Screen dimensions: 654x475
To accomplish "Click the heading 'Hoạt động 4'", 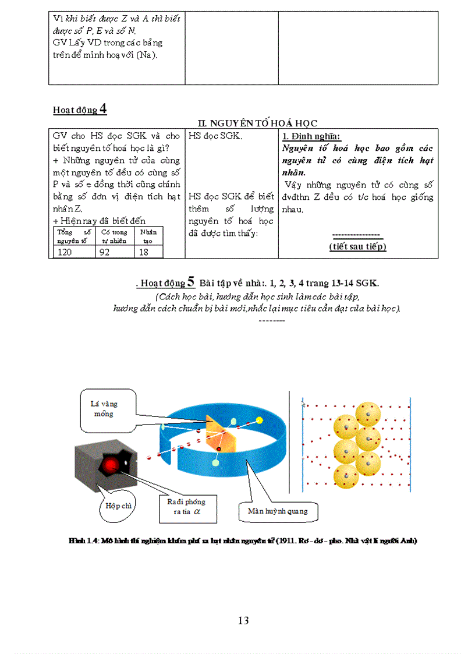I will pyautogui.click(x=80, y=109).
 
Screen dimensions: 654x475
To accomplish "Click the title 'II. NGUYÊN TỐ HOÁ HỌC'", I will pyautogui.click(x=257, y=123).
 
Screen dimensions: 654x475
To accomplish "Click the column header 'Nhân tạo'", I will pyautogui.click(x=148, y=236).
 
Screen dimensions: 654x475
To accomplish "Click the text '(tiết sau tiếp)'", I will pyautogui.click(x=357, y=246).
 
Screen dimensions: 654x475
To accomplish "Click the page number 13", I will pyautogui.click(x=243, y=621).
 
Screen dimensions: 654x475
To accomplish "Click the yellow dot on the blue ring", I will pyautogui.click(x=259, y=420).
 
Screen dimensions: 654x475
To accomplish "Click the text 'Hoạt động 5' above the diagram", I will pyautogui.click(x=166, y=282).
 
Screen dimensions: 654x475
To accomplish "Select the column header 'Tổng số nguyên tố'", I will pyautogui.click(x=73, y=236).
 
